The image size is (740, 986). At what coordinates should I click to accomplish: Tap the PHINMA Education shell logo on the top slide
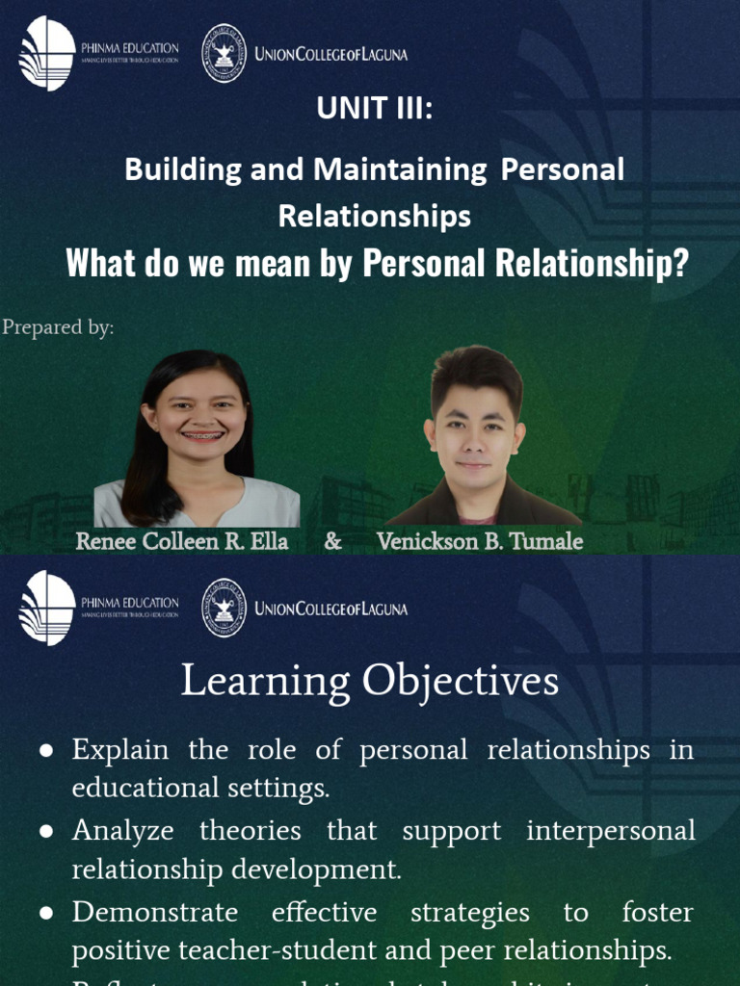click(x=46, y=54)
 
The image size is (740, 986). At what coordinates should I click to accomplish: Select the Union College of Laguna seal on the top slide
click(x=224, y=54)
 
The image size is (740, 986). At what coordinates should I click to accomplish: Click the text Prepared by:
click(x=58, y=327)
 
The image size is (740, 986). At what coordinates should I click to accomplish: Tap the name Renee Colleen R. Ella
click(x=182, y=541)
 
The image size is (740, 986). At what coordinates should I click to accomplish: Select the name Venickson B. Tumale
click(x=480, y=541)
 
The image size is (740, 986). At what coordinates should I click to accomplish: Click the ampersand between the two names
click(x=332, y=541)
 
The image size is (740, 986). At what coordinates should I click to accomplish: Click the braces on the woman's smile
click(x=202, y=435)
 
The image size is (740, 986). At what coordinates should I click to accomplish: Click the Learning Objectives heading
click(x=370, y=682)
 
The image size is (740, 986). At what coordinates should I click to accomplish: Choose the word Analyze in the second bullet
click(x=122, y=831)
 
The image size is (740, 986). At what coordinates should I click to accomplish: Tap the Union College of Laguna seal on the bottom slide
click(x=224, y=609)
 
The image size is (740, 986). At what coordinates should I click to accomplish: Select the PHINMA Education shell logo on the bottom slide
click(x=46, y=609)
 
